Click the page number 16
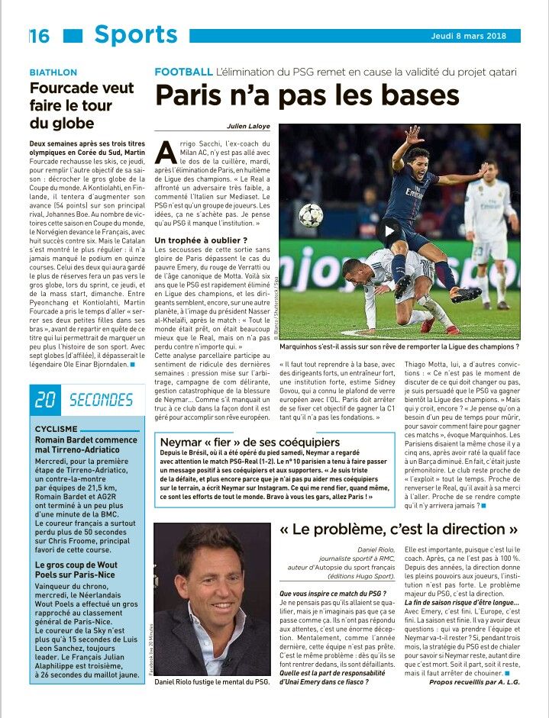40,36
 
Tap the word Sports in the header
136,34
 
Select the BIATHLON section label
53,72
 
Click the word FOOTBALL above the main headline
183,72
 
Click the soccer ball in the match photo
310,214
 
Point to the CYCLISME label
57,429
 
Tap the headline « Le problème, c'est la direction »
399,529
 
